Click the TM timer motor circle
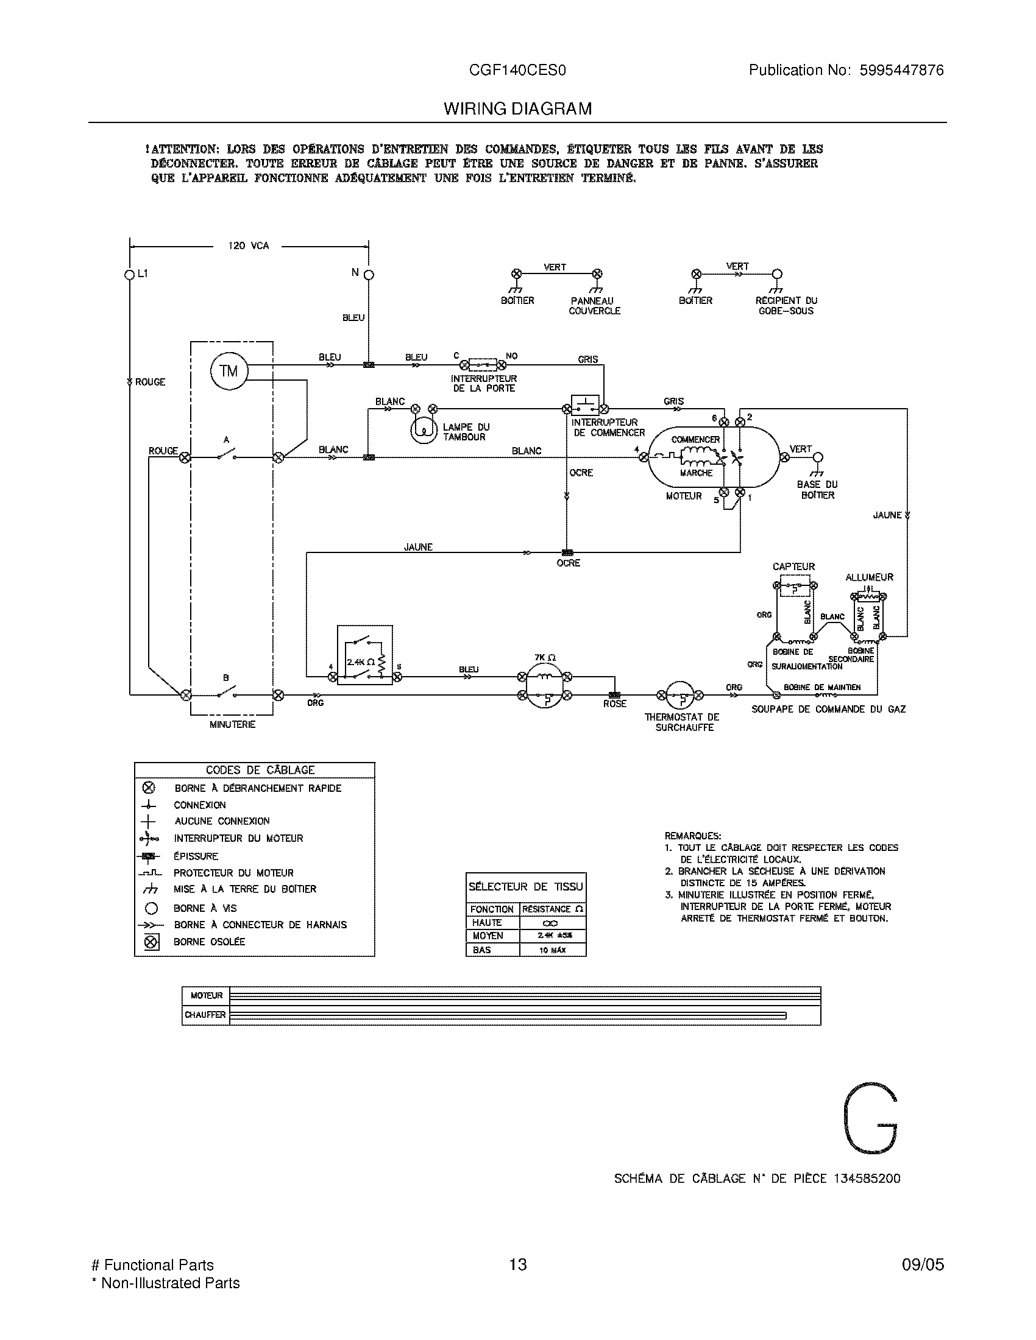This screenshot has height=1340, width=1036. click(x=229, y=371)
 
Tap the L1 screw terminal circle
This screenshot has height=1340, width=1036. click(x=129, y=274)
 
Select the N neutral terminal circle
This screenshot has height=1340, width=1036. click(x=369, y=273)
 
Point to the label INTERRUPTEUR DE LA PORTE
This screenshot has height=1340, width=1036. click(x=484, y=384)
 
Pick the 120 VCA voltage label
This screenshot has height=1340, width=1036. click(x=248, y=245)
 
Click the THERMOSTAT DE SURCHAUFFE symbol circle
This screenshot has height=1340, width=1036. click(x=679, y=695)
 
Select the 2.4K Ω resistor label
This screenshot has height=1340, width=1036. click(x=361, y=662)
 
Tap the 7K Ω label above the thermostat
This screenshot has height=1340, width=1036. click(x=544, y=657)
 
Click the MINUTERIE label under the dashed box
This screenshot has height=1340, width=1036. click(x=232, y=725)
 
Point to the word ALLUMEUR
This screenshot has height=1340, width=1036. click(x=869, y=577)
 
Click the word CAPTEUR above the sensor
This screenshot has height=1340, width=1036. click(x=793, y=567)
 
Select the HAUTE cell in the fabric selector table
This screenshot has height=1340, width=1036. click(x=487, y=922)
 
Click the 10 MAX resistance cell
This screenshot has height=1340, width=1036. click(x=552, y=950)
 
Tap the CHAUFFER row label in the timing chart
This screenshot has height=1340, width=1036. click(x=205, y=1015)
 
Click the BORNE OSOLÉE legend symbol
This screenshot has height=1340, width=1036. click(x=152, y=942)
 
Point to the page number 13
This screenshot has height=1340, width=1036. click(x=517, y=1264)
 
